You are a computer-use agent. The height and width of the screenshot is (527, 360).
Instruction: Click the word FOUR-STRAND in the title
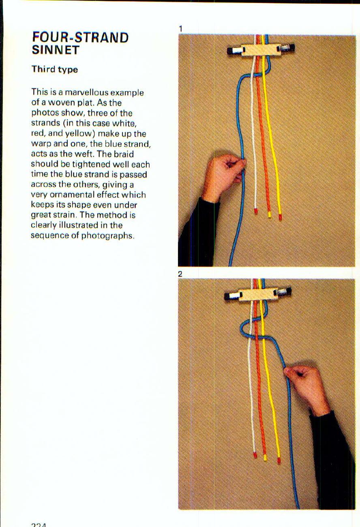[80, 38]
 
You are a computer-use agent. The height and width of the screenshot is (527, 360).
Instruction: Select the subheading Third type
[55, 69]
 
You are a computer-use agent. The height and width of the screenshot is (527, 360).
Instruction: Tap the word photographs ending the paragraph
[107, 235]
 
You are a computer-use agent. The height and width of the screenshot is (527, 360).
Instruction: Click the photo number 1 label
[180, 28]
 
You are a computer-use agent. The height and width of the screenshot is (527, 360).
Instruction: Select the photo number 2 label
[180, 274]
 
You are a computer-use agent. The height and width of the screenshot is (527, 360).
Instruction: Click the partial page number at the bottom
[39, 525]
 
